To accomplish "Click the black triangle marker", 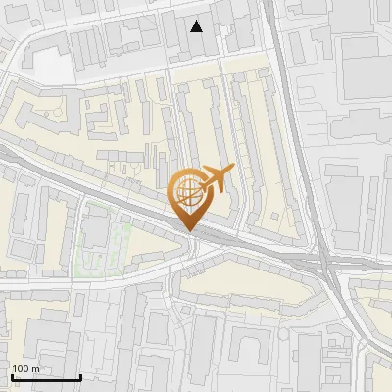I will [197, 26].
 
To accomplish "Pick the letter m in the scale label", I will [36, 368].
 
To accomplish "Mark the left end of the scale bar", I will [11, 377].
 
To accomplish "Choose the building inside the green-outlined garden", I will [94, 232].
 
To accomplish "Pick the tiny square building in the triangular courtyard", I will [125, 176].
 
